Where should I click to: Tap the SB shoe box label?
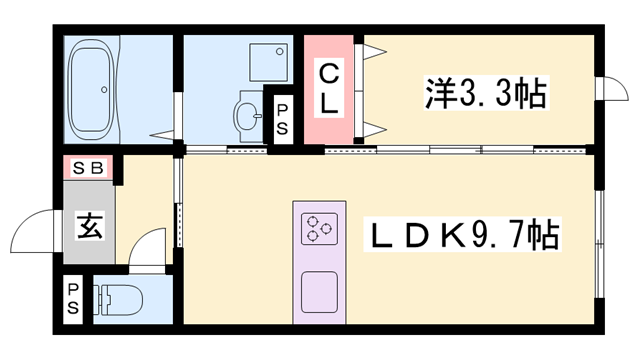[89, 168]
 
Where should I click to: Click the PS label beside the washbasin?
[283, 116]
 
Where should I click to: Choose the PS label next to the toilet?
[74, 298]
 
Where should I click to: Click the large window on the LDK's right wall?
[599, 245]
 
